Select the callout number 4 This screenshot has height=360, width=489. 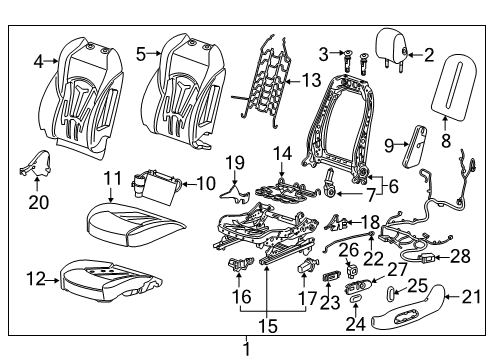coord(38,62)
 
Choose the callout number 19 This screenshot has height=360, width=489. coord(233,162)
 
